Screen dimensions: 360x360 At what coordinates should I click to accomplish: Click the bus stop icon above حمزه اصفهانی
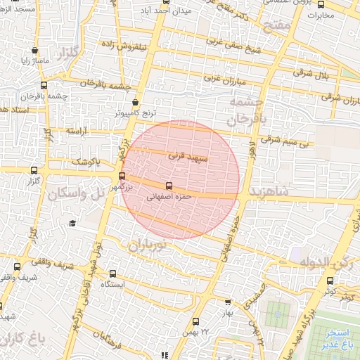[x=168, y=186]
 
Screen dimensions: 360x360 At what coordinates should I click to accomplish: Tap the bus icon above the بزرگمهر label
[x=122, y=176]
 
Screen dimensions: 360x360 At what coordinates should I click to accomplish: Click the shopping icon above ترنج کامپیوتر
[x=135, y=103]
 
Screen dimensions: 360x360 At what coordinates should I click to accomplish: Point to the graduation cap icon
[x=72, y=223]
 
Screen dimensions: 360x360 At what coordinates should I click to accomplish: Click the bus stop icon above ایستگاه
[x=112, y=274]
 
